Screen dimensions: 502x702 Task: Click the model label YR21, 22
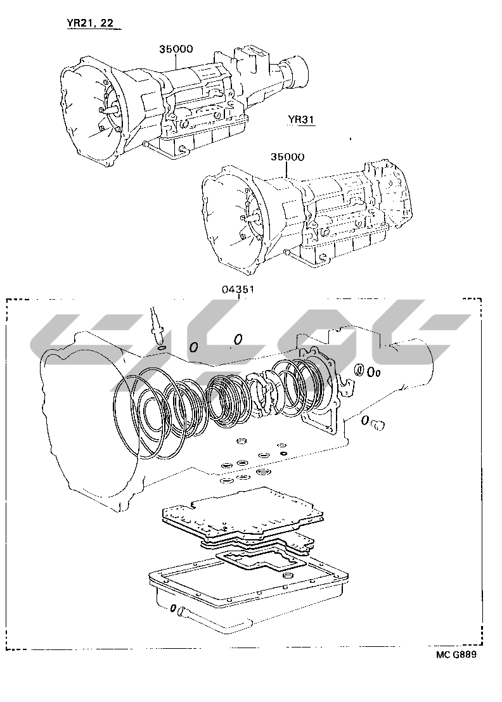(x=90, y=23)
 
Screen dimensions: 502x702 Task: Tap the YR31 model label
(x=301, y=120)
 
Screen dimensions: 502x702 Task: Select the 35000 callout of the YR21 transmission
(x=176, y=49)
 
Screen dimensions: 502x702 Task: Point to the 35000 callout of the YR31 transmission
(x=287, y=156)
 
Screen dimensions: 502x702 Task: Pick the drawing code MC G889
(x=456, y=654)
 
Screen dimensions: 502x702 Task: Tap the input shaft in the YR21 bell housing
(x=109, y=109)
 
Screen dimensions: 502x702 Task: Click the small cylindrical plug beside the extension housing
(x=378, y=424)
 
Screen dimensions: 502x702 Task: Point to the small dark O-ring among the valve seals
(x=283, y=452)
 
